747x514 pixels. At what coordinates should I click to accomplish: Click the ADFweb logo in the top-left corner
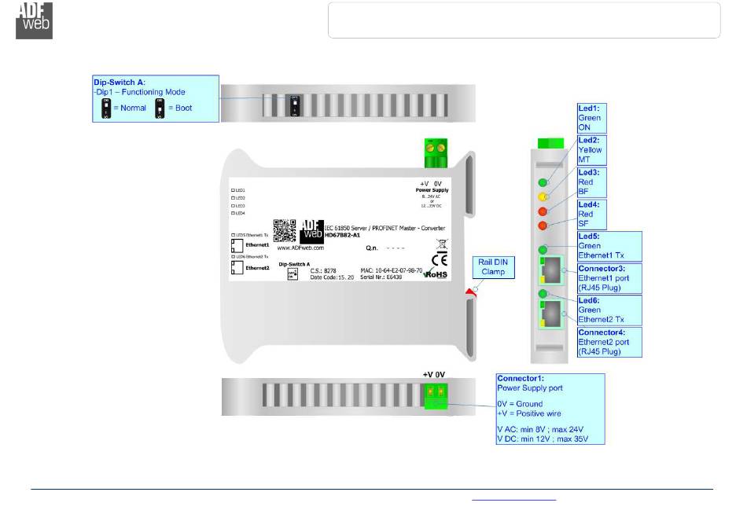pyautogui.click(x=35, y=20)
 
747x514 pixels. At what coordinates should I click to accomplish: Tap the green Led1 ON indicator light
pyautogui.click(x=543, y=182)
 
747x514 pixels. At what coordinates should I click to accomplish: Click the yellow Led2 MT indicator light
pyautogui.click(x=543, y=196)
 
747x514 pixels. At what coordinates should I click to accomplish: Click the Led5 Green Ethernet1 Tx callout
pyautogui.click(x=610, y=246)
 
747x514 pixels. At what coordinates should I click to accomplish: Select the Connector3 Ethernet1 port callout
pyautogui.click(x=610, y=278)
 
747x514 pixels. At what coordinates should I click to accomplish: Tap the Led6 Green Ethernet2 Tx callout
pyautogui.click(x=610, y=310)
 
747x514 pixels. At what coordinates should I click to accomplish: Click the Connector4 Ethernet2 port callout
pyautogui.click(x=610, y=343)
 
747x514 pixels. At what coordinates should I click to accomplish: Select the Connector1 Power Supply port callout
pyautogui.click(x=550, y=409)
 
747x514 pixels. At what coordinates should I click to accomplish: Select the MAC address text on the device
pyautogui.click(x=391, y=270)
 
